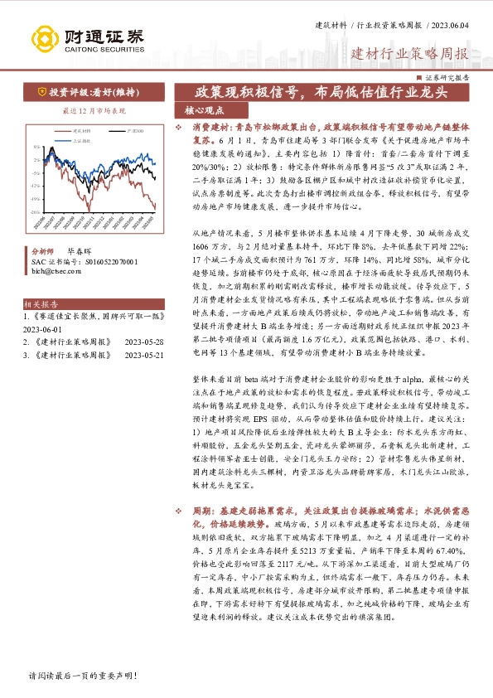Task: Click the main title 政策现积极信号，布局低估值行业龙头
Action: coord(320,92)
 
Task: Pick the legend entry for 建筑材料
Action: coord(82,130)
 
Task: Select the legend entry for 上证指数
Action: coord(82,138)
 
